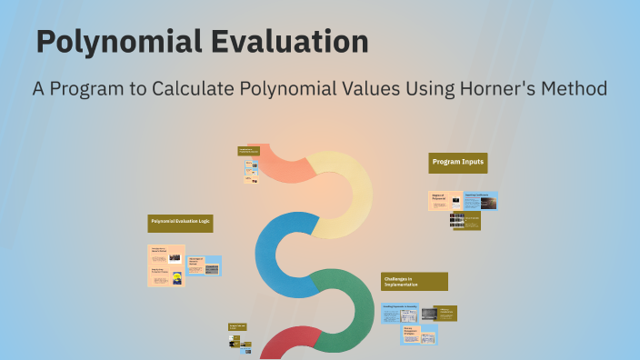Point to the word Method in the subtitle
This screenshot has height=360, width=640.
pos(575,89)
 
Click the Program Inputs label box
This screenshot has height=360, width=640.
pos(459,162)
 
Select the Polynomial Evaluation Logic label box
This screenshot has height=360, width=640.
pos(180,222)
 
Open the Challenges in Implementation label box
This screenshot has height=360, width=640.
pos(414,281)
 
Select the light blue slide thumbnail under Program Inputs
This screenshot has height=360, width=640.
pos(480,200)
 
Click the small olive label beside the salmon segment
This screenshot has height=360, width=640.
pos(249,151)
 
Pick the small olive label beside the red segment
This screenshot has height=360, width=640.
pos(238,326)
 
